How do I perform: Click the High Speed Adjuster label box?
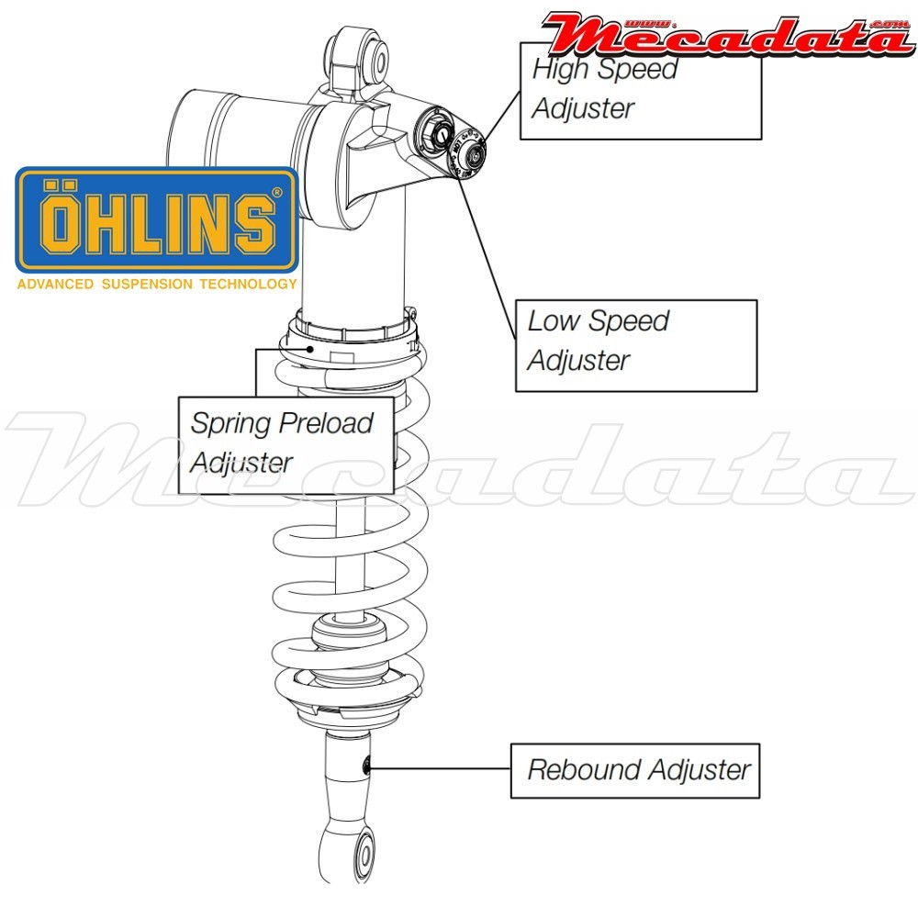641,90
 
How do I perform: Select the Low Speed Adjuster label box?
635,345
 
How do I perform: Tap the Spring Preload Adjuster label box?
285,444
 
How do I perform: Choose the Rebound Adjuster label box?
634,769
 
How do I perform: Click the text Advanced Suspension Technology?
157,284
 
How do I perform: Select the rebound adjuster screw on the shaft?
367,765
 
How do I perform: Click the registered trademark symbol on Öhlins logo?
276,193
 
